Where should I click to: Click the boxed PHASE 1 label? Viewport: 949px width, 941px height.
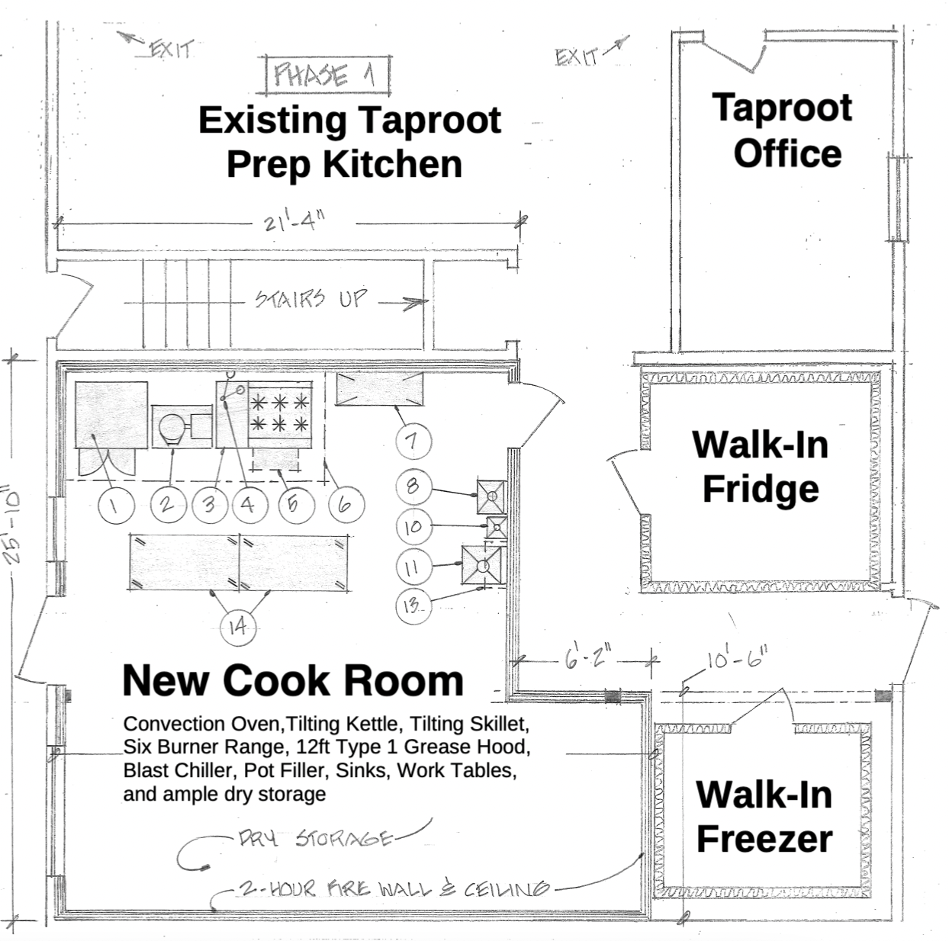[326, 75]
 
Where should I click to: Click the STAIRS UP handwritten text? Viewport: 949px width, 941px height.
[310, 299]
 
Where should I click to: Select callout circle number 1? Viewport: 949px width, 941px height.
[116, 505]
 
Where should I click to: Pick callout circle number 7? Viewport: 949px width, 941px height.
[412, 441]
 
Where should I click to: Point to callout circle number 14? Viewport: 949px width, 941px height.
[238, 627]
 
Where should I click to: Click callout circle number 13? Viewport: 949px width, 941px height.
[412, 605]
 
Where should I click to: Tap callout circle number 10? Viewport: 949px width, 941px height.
[413, 526]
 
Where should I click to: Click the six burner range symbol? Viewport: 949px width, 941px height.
[279, 413]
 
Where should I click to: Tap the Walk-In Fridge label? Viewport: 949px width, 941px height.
[760, 467]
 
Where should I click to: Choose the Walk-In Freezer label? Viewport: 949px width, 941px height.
[764, 817]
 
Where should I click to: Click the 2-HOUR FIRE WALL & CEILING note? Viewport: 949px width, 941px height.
[394, 888]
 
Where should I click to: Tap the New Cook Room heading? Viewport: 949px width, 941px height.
[293, 680]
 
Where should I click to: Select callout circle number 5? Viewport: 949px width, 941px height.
[292, 503]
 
